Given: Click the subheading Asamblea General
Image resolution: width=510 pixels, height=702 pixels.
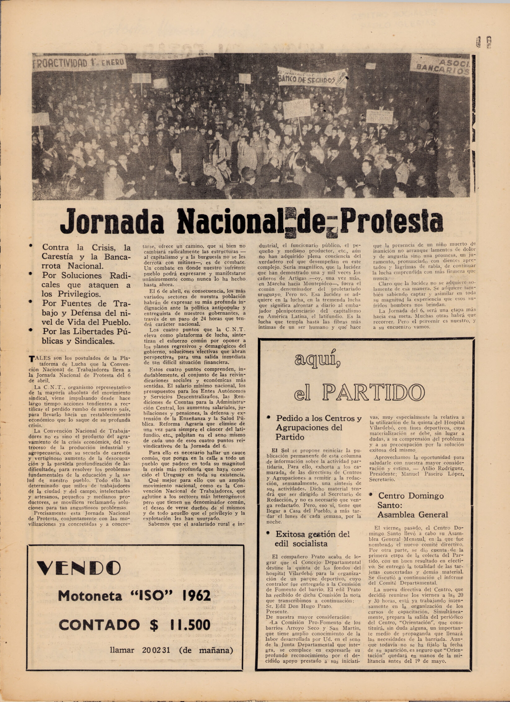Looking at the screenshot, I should point(412,515).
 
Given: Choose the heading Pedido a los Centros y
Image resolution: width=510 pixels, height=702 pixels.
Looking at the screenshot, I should point(319,418).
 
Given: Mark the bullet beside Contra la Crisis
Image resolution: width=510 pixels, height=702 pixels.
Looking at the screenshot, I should point(31,246).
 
